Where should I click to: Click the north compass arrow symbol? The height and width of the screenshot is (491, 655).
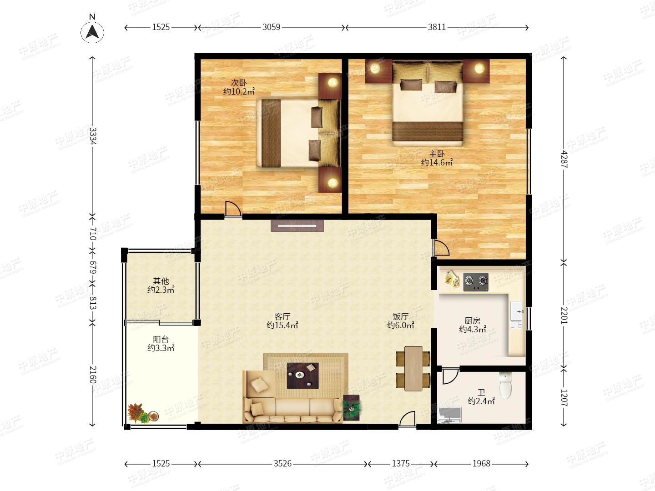tap(92, 32)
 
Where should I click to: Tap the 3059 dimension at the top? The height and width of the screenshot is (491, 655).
tap(271, 27)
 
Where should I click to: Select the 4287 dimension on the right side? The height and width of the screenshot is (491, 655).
tap(564, 159)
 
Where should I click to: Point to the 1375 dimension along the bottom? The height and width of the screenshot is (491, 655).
tap(400, 464)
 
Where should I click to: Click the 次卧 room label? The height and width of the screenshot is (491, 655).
tap(239, 83)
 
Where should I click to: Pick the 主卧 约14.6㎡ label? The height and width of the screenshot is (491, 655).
tap(437, 158)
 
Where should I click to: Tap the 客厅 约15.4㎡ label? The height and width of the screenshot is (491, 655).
tap(282, 321)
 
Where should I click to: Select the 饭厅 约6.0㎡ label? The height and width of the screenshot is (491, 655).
tap(400, 321)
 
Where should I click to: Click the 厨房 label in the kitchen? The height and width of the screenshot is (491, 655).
tap(473, 321)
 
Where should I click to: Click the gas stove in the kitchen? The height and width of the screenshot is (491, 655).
tap(476, 282)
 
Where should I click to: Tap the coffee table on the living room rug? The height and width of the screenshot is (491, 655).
tap(302, 376)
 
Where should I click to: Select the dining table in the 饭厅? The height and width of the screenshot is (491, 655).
tap(413, 368)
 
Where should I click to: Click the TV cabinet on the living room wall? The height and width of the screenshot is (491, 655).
tap(297, 225)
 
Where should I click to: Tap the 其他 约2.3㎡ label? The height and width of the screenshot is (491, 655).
tap(161, 286)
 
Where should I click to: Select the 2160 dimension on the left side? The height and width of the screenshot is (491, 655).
tap(92, 375)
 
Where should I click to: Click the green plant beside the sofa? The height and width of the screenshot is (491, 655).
tap(352, 408)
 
